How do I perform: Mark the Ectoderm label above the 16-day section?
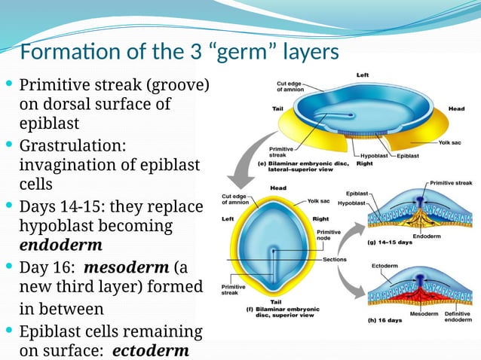click(385, 265)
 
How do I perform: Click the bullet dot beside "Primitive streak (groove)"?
click(8, 84)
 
